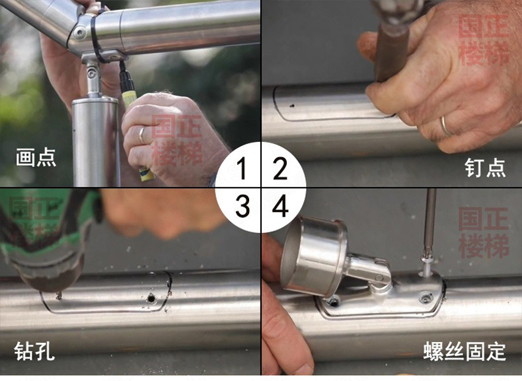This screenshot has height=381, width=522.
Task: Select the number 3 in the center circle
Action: [242, 206]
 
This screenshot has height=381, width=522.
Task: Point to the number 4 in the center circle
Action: [280, 206]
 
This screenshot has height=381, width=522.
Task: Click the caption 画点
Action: [36, 157]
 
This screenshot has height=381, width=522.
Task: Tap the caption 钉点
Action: [485, 168]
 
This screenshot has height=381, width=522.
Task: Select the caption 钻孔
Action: [34, 351]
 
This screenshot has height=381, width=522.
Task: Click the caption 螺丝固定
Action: [465, 351]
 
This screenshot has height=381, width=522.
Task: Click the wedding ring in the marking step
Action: [142, 135]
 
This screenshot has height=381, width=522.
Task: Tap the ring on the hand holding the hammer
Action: [446, 125]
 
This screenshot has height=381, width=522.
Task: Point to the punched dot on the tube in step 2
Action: [292, 106]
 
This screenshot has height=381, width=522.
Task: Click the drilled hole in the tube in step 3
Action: [151, 298]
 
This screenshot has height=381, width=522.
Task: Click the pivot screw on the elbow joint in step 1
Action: [79, 32]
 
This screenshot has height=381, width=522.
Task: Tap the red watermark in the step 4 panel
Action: [484, 232]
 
